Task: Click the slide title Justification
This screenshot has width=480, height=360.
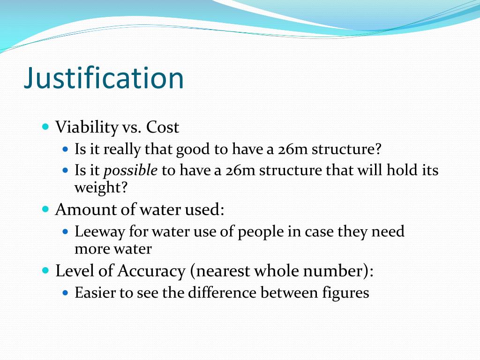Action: click(104, 78)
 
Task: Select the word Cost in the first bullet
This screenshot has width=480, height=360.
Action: click(163, 127)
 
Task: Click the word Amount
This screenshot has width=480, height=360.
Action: click(82, 210)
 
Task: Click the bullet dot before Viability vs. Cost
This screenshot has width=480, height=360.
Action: click(45, 127)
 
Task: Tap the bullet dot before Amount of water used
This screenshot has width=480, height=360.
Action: click(45, 209)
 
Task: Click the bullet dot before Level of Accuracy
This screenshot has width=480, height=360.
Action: click(45, 270)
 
